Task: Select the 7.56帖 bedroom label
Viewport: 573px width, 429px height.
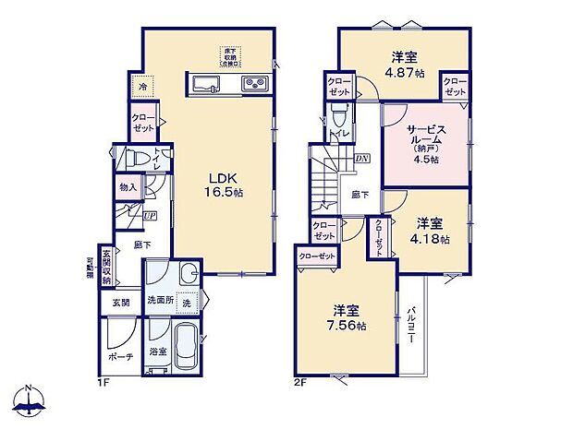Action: pyautogui.click(x=349, y=319)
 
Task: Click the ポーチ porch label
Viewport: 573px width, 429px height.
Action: pyautogui.click(x=122, y=356)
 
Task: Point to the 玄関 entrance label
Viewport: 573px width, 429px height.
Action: pyautogui.click(x=122, y=302)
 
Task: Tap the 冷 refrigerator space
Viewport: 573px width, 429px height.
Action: pyautogui.click(x=143, y=87)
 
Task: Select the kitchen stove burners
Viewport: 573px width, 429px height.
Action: pyautogui.click(x=254, y=86)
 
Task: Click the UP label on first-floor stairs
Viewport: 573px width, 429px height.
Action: pyautogui.click(x=150, y=216)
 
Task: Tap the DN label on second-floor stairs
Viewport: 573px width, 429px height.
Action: pyautogui.click(x=360, y=158)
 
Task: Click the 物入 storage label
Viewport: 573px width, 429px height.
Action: pyautogui.click(x=128, y=187)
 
